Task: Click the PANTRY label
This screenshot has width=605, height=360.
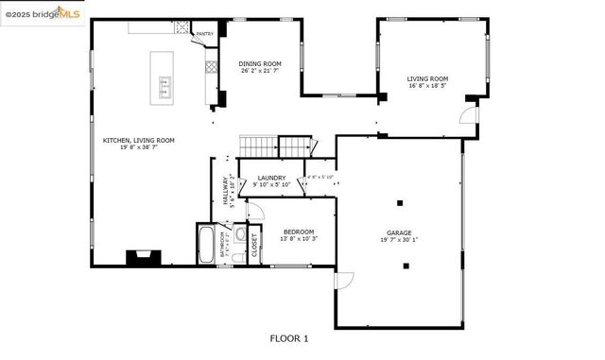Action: (204, 34)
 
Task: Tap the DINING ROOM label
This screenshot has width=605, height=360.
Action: (260, 61)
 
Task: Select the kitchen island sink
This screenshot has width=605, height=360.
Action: (164, 89)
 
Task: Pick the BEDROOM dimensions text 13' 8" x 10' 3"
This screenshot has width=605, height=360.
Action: (299, 238)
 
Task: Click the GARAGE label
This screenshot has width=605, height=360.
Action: (398, 232)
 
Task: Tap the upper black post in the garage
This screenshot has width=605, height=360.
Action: (400, 202)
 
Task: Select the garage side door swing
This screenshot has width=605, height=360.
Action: (345, 280)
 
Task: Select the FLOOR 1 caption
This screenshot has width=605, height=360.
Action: (288, 337)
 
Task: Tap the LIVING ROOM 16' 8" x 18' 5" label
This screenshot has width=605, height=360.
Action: (427, 83)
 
